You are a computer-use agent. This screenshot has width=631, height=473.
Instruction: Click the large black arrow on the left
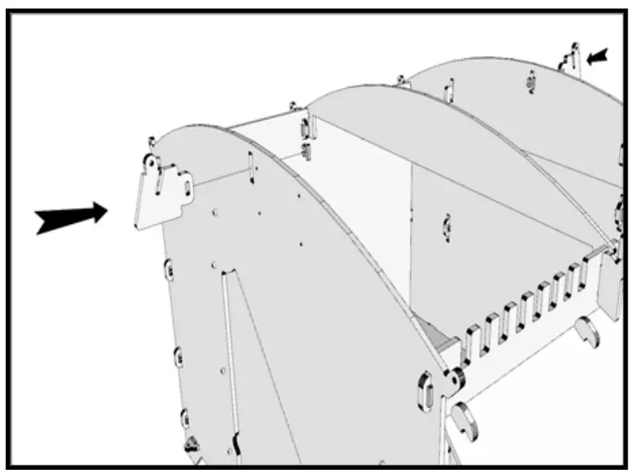[71, 217]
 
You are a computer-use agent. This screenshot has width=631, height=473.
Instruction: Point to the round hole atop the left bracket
[151, 163]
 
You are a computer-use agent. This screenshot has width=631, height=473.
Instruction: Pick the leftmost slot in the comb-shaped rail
[473, 342]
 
